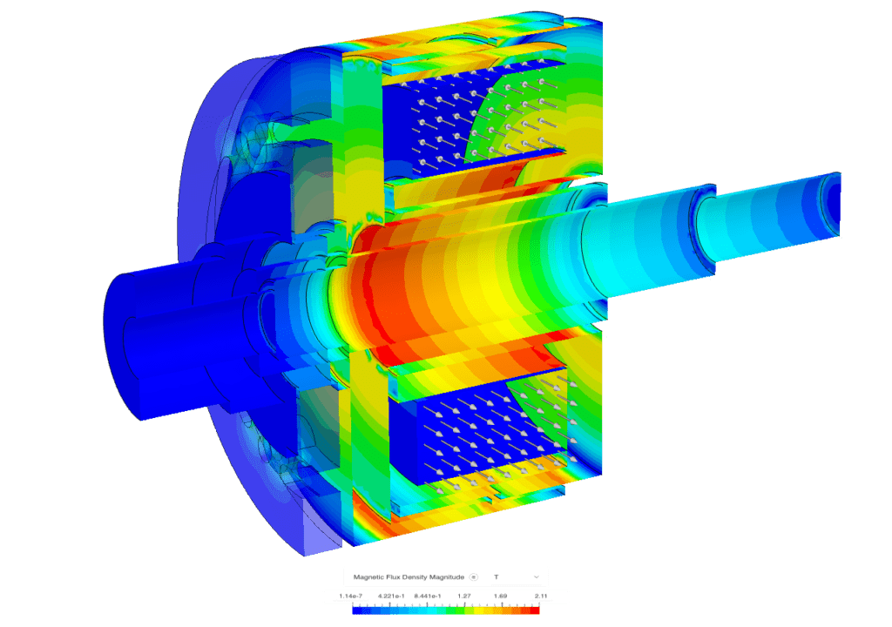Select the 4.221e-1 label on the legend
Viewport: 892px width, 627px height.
click(394, 597)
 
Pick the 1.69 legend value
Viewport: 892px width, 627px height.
click(501, 597)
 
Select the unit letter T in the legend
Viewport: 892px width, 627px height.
click(496, 576)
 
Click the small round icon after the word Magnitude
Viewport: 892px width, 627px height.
click(473, 576)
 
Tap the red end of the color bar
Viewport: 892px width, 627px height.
click(534, 610)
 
